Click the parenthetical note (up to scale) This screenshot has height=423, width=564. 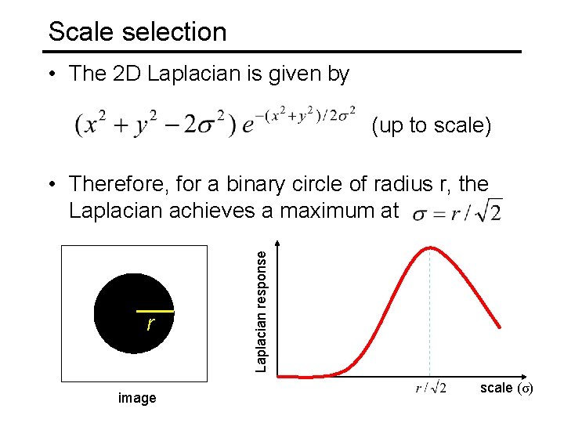(432, 125)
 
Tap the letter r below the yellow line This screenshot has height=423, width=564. (150, 324)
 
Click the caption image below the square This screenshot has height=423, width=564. (137, 399)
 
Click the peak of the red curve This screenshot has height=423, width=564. (429, 248)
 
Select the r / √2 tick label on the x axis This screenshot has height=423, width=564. (431, 389)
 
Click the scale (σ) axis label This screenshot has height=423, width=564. (506, 388)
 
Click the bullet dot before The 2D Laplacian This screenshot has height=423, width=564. (51, 75)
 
